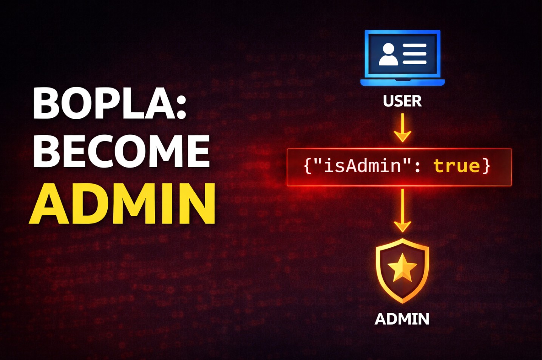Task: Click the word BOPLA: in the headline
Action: tap(110, 104)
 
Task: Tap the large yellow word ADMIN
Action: tap(123, 204)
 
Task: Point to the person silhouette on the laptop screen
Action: tap(388, 54)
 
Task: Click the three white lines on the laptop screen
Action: tap(414, 54)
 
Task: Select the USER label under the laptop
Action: tap(402, 101)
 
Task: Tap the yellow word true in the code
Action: tap(457, 166)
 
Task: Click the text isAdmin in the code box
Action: tap(363, 166)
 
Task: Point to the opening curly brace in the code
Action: tap(308, 166)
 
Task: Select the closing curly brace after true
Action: tap(486, 166)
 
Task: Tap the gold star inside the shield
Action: tap(402, 268)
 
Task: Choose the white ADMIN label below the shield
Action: tap(402, 319)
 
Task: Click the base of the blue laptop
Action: tap(403, 82)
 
